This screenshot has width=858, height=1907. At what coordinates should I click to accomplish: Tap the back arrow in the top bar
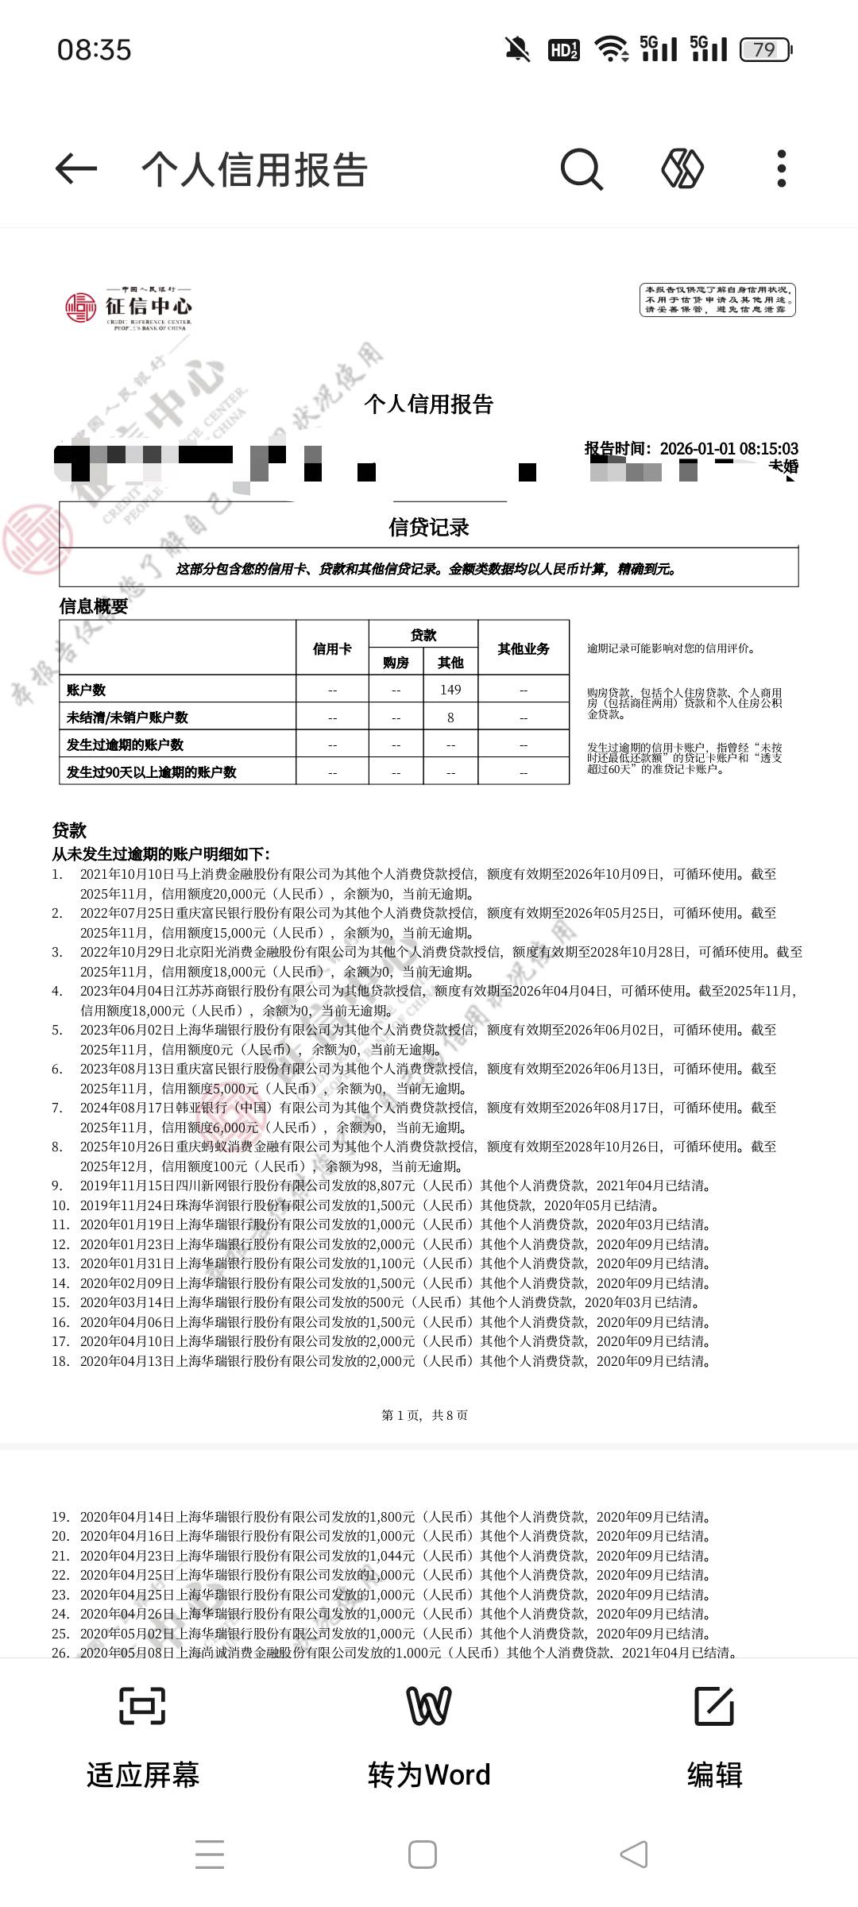pos(76,168)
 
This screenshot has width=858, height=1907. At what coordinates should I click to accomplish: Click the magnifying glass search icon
pos(582,168)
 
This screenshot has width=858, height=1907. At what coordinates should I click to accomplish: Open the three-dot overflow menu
pos(782,168)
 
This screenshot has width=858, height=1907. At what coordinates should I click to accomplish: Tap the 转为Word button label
pos(429,1774)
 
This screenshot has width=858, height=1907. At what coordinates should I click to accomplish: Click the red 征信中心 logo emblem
pos(80,307)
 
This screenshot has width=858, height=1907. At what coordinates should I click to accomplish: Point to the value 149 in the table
pos(450,690)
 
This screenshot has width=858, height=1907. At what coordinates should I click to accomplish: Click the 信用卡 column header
pos(332,648)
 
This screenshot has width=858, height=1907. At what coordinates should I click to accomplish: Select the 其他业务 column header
pos(524,648)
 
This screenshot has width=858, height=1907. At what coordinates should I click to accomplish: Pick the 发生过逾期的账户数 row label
pos(125,745)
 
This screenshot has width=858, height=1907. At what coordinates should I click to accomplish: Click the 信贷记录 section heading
pos(429,527)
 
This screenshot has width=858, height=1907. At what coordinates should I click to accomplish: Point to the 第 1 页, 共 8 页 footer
pos(425,1414)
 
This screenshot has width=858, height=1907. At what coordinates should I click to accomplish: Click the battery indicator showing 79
pos(765,50)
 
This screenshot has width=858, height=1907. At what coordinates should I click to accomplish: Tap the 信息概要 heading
pos(94,606)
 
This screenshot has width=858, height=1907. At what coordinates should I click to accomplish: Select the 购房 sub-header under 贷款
pos(396,663)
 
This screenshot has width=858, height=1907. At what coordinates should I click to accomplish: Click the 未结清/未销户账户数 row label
pos(127,718)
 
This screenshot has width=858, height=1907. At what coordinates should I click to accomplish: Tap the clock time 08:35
pos(94,50)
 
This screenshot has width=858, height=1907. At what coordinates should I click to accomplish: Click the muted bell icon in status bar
pos(517,50)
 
